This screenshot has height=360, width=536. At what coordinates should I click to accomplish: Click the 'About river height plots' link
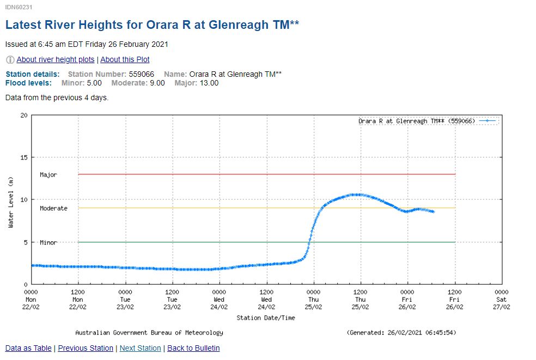[56, 59]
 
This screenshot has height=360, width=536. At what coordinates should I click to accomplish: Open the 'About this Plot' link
[125, 59]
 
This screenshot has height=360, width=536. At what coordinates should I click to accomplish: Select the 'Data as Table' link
[28, 348]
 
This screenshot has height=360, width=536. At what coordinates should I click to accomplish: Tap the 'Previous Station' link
[86, 348]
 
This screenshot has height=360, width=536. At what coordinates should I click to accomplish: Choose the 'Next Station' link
[140, 348]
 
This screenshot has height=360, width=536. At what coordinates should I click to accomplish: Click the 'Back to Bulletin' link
[193, 348]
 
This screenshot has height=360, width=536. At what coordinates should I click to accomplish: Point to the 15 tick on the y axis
[23, 157]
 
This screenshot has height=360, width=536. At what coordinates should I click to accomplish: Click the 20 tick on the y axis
[23, 115]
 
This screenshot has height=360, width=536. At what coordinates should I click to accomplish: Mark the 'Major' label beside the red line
[48, 175]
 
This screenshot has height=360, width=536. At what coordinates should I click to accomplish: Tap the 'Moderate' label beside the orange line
[53, 209]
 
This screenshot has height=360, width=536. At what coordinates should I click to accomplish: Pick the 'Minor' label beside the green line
[48, 242]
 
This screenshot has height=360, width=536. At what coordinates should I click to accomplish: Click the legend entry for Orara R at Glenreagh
[417, 121]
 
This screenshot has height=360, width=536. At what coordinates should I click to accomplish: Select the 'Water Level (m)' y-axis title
[11, 203]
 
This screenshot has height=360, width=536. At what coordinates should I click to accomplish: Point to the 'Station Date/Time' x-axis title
[266, 318]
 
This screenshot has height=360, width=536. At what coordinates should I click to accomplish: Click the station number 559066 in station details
[143, 74]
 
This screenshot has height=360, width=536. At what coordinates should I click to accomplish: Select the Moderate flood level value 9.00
[157, 83]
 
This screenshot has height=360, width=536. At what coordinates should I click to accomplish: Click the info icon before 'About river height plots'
[10, 59]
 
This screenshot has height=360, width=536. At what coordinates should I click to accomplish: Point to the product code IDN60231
[17, 8]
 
